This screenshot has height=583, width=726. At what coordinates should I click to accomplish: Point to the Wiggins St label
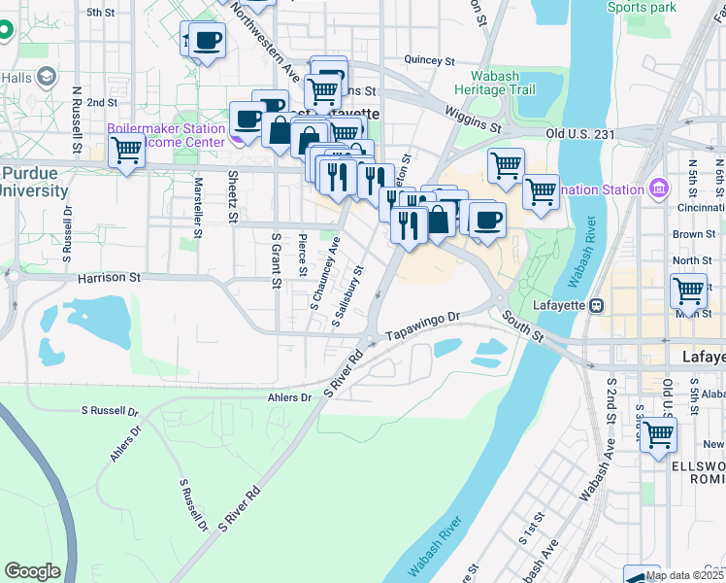tap(474, 120)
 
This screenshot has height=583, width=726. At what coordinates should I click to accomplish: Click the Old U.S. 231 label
tap(582, 133)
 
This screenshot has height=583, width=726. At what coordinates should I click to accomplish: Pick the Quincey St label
tap(429, 60)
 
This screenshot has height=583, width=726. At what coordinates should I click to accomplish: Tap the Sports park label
tap(641, 8)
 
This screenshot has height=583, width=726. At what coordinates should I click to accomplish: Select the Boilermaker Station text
tap(165, 128)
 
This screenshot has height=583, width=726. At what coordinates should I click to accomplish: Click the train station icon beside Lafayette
tap(597, 305)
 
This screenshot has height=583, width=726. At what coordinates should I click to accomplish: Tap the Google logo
tap(32, 571)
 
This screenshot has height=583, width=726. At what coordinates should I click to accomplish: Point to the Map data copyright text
tap(684, 575)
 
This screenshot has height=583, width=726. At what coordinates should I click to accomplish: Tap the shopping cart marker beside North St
tap(688, 290)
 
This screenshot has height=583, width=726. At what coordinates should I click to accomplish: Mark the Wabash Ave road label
tap(596, 470)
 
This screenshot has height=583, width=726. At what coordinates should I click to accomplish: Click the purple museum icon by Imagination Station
tap(657, 188)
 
